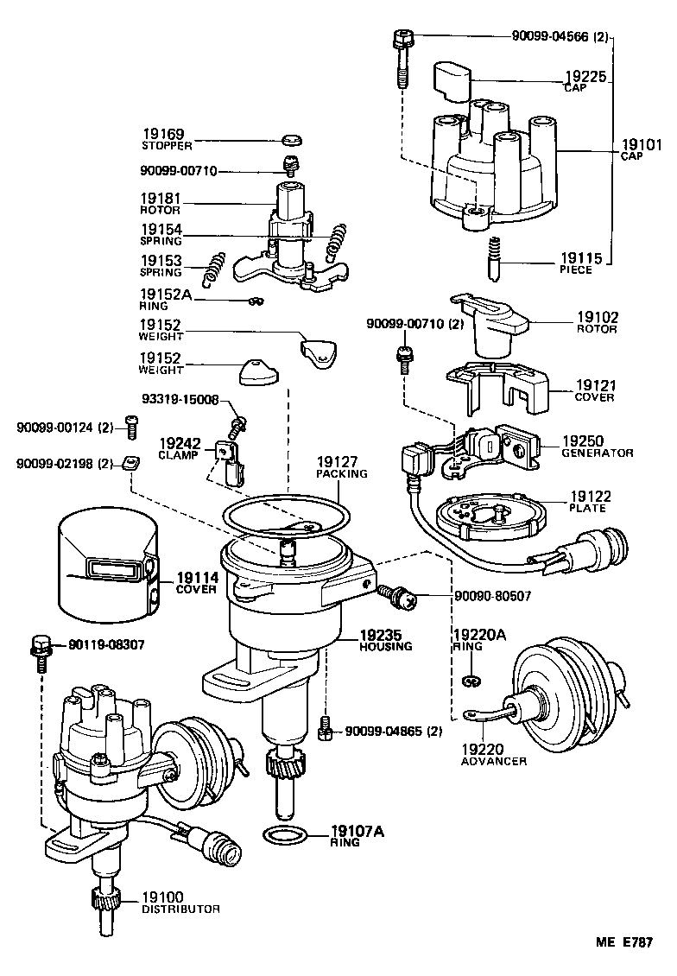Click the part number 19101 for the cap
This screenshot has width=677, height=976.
[642, 145]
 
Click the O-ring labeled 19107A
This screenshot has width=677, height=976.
[282, 835]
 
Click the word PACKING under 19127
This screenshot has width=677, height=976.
[342, 473]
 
